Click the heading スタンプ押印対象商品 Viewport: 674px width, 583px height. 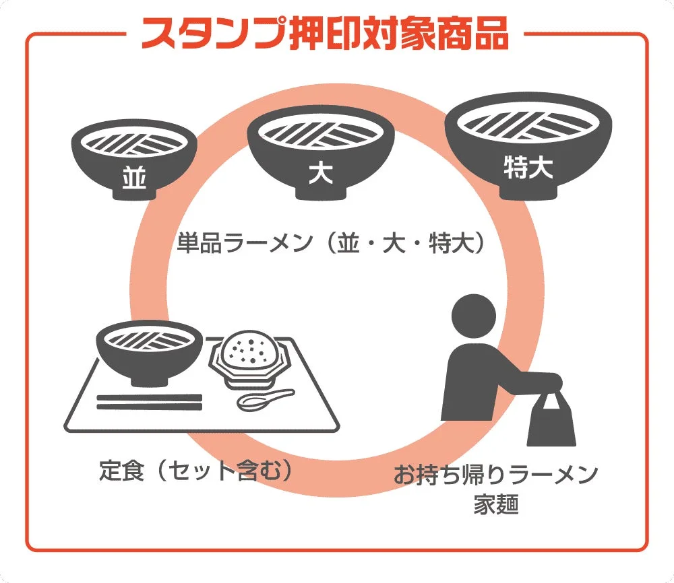click(324, 32)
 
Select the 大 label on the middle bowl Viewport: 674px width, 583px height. click(320, 173)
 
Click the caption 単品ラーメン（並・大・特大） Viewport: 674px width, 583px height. click(331, 243)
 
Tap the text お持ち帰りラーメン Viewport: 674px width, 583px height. click(496, 475)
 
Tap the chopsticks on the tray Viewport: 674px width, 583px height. click(150, 402)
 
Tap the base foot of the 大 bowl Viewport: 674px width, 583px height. click(320, 193)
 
